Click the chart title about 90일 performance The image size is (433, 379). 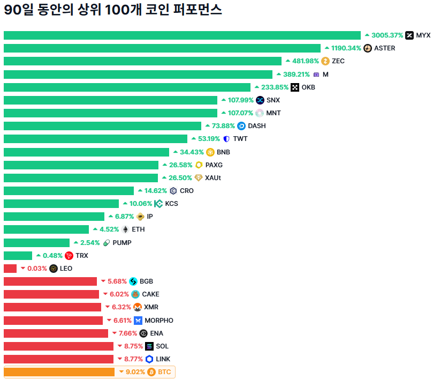tap(113, 10)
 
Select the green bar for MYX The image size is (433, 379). tap(182, 35)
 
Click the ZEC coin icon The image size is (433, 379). tap(325, 61)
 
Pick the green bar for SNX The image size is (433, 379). tap(110, 100)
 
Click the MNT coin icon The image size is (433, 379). tap(260, 113)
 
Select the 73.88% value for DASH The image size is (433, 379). tap(223, 126)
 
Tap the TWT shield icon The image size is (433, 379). tap(226, 139)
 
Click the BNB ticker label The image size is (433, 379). tap(223, 152)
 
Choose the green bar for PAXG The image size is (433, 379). tap(81, 165)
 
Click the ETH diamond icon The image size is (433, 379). tap(125, 229)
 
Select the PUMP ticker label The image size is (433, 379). tap(122, 243)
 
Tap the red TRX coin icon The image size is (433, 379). tap(69, 256)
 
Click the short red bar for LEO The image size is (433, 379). tap(10, 269)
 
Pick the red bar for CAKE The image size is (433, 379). tap(51, 294)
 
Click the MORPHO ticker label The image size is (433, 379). tap(159, 321)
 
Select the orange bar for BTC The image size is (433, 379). tap(59, 372)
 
